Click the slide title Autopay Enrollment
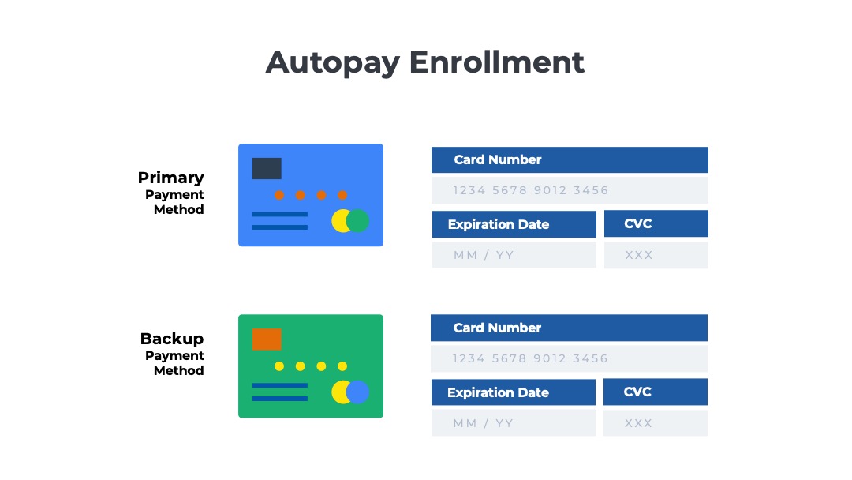[425, 62]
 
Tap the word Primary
[170, 178]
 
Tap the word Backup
[172, 339]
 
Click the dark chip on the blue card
[267, 168]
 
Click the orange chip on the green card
[267, 339]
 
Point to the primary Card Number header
[570, 159]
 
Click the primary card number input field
[570, 190]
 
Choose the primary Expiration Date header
[514, 224]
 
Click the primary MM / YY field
[514, 255]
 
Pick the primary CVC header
[656, 223]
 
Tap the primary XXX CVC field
[656, 255]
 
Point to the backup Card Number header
[569, 328]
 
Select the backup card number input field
[569, 358]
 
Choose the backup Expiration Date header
[514, 392]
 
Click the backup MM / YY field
[514, 423]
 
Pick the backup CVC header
[656, 392]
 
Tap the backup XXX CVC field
[656, 423]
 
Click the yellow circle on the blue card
[339, 221]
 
